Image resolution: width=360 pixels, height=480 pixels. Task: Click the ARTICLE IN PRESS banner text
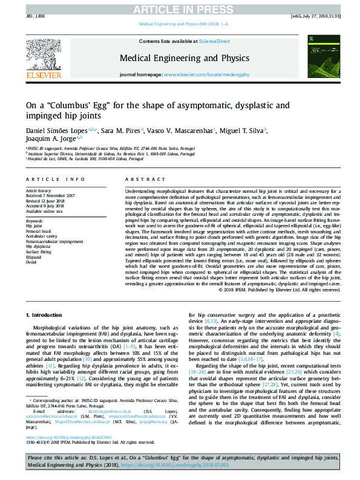pyautogui.click(x=180, y=8)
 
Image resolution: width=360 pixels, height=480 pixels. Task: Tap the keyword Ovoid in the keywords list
pyautogui.click(x=31, y=263)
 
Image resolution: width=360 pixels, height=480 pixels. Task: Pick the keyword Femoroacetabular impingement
pyautogui.click(x=54, y=241)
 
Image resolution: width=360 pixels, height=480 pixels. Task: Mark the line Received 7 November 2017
pyautogui.click(x=50, y=196)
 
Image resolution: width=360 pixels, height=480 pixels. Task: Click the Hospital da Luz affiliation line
pyautogui.click(x=73, y=159)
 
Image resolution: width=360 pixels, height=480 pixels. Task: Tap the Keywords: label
pyautogui.click(x=35, y=221)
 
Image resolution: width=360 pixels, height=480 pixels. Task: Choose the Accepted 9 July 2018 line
pyautogui.click(x=45, y=206)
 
